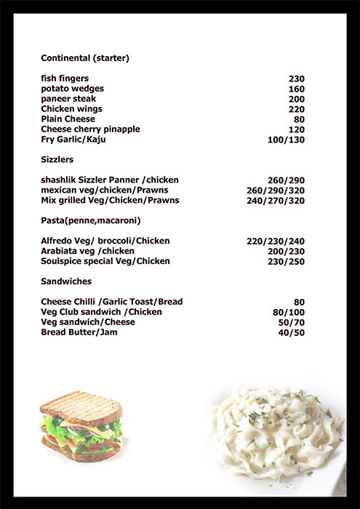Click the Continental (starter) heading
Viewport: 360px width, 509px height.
(x=86, y=57)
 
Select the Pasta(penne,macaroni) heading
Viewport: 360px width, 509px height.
(x=91, y=220)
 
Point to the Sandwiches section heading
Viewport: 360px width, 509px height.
(x=66, y=281)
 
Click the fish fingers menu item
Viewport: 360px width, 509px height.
(x=65, y=79)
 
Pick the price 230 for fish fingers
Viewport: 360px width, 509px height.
(x=296, y=79)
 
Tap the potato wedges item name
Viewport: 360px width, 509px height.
(x=72, y=89)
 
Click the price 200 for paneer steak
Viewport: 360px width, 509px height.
(x=296, y=99)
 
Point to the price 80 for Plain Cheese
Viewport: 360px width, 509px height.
(x=299, y=119)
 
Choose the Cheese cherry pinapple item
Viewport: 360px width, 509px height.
(x=91, y=129)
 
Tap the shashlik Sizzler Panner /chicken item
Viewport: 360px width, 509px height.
(x=110, y=180)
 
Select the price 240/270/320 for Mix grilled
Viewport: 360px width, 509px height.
(x=276, y=200)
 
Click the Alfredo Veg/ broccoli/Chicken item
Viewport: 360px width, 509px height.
(x=105, y=241)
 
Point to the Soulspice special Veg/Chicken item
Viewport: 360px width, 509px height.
(x=105, y=261)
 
